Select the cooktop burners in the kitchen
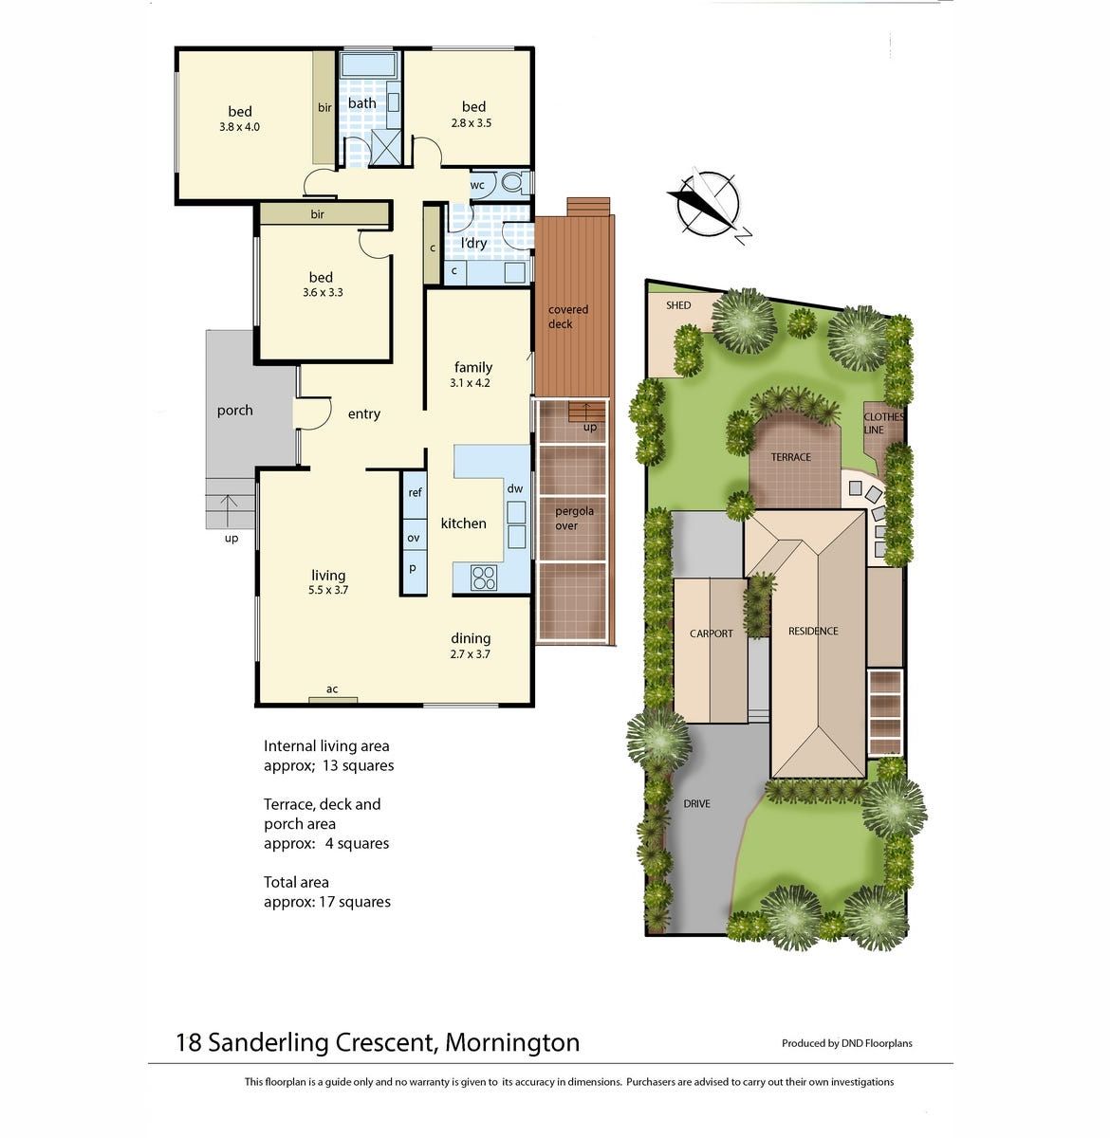point(484,578)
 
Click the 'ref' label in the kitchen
point(415,492)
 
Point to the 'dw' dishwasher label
point(514,488)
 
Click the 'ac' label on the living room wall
point(332,688)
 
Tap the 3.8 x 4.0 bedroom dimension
point(239,126)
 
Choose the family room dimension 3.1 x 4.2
point(470,383)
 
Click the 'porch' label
point(234,411)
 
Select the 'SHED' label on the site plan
point(678,305)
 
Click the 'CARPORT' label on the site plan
point(711,633)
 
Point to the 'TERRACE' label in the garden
point(790,457)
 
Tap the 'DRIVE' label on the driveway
point(697,803)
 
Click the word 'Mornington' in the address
point(512,1042)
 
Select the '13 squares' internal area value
point(358,765)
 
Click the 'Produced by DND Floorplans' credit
point(846,1042)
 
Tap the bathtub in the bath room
point(370,64)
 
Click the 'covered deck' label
point(567,317)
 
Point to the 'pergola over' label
point(574,518)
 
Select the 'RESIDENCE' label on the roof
point(813,631)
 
